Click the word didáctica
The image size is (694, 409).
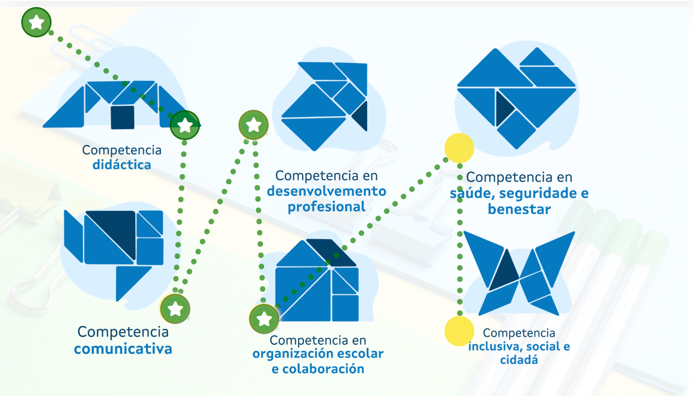click(122, 165)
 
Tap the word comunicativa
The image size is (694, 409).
click(123, 349)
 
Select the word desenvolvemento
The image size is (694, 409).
click(326, 192)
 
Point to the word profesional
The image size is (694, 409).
click(326, 207)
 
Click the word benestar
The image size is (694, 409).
click(519, 209)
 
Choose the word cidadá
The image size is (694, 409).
click(519, 360)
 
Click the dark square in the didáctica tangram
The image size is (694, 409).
click(123, 117)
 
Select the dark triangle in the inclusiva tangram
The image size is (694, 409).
click(504, 272)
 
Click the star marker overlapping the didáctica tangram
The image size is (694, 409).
click(185, 125)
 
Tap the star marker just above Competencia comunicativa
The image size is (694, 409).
click(175, 308)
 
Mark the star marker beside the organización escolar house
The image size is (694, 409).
click(264, 319)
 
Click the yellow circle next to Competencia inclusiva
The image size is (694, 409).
click(459, 331)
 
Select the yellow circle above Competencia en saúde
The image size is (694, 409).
click(459, 148)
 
